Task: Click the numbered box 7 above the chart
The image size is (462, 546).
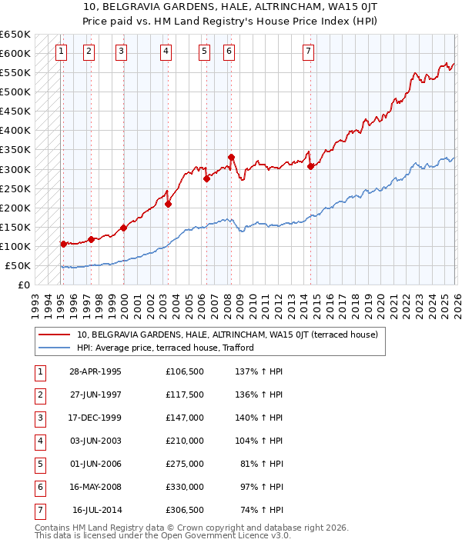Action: click(x=308, y=52)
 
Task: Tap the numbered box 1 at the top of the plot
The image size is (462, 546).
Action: click(x=62, y=52)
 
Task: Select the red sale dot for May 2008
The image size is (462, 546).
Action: click(x=231, y=157)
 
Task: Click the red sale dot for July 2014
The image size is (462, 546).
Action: click(x=310, y=166)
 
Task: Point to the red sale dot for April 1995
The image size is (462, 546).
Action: click(x=63, y=244)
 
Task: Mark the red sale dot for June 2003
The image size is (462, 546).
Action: click(x=168, y=204)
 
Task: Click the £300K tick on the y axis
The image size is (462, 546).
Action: click(x=15, y=169)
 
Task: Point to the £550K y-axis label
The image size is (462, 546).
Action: click(x=15, y=73)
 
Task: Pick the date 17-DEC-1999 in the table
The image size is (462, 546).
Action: click(x=95, y=418)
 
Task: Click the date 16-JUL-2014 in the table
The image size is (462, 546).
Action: click(x=95, y=509)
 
